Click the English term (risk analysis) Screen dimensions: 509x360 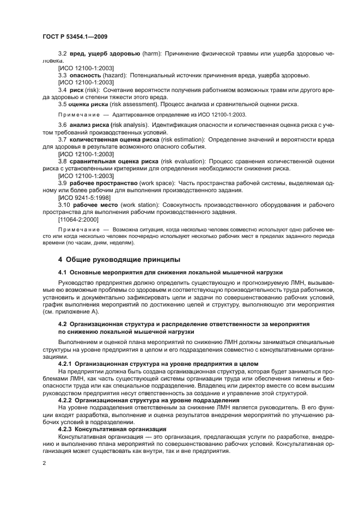(x=126, y=125)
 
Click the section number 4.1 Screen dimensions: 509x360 (x=63, y=272)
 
